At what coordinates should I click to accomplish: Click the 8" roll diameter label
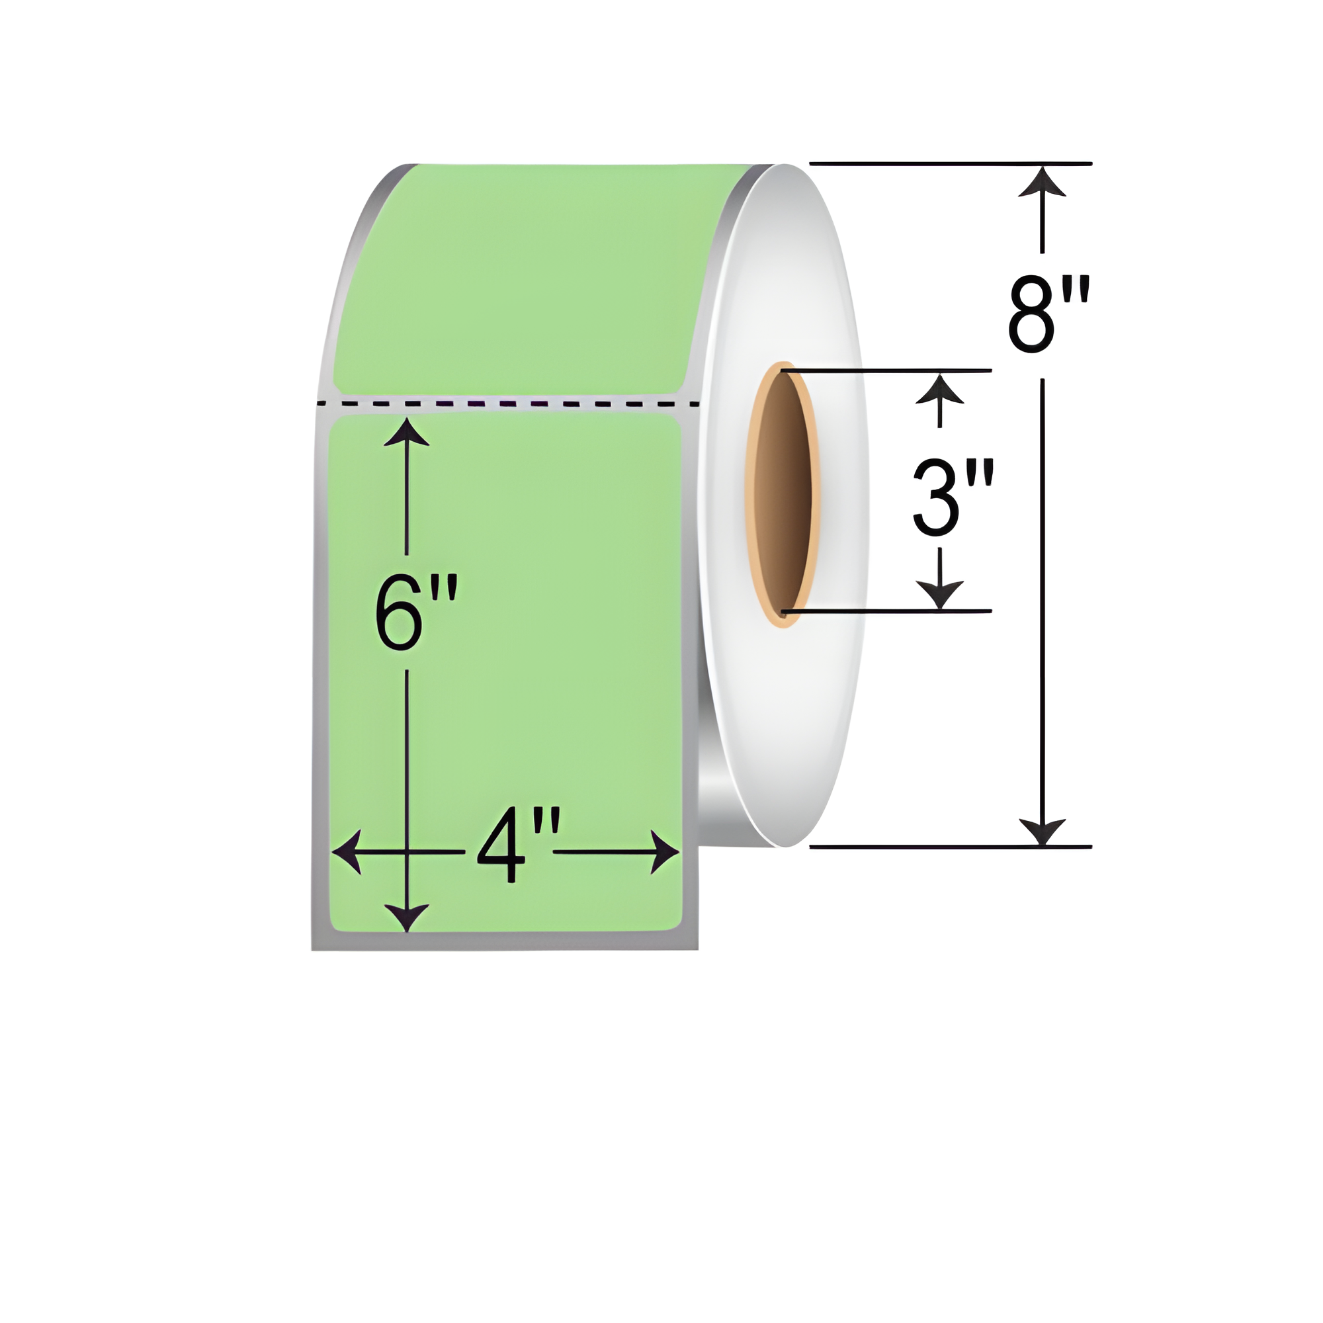[x=1046, y=316]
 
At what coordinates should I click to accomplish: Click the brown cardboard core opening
[x=783, y=493]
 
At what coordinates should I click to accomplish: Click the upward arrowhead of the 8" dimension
[x=1042, y=182]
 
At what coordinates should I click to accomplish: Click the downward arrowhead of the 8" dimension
[x=1042, y=832]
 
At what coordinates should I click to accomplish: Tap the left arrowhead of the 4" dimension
[x=348, y=853]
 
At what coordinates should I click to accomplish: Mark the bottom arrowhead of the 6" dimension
[x=407, y=916]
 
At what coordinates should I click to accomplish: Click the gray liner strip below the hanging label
[x=505, y=941]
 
